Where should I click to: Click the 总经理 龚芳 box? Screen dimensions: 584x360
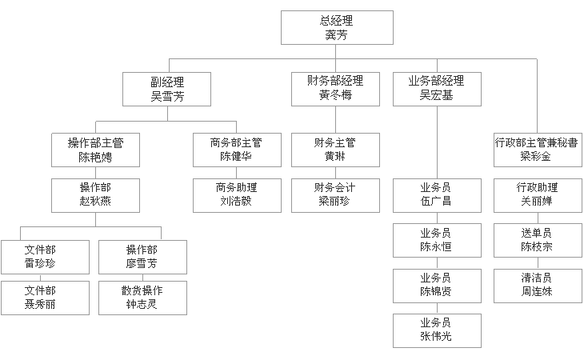pos(337,27)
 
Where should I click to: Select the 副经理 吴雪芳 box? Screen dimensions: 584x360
pos(167,89)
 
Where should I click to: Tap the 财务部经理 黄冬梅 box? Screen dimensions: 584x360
pos(335,89)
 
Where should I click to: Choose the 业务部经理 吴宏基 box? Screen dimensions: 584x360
pos(437,89)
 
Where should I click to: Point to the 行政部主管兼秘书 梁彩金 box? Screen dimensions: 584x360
pos(538,150)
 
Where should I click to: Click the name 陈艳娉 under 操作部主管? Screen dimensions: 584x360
pos(95,157)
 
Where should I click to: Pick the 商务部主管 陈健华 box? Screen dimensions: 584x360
pos(237,150)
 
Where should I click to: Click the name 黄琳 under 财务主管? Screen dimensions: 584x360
pos(335,156)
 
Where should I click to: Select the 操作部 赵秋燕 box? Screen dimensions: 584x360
pos(95,195)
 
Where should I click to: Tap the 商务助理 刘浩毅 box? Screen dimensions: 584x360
pos(237,195)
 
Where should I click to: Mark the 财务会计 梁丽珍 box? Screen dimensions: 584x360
pos(335,195)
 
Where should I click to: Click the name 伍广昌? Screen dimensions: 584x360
pos(436,202)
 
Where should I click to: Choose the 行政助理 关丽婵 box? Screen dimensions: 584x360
pos(538,195)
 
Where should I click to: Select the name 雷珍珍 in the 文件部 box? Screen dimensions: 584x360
pos(40,263)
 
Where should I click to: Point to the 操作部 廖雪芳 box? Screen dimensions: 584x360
pos(142,257)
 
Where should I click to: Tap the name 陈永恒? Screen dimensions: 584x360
pos(436,246)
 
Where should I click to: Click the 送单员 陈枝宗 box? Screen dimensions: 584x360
pos(538,240)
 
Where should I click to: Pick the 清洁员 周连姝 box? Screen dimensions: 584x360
pos(538,286)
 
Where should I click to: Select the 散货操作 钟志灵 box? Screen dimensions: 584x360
pos(142,298)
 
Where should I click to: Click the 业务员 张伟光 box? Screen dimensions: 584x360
pos(437,330)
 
